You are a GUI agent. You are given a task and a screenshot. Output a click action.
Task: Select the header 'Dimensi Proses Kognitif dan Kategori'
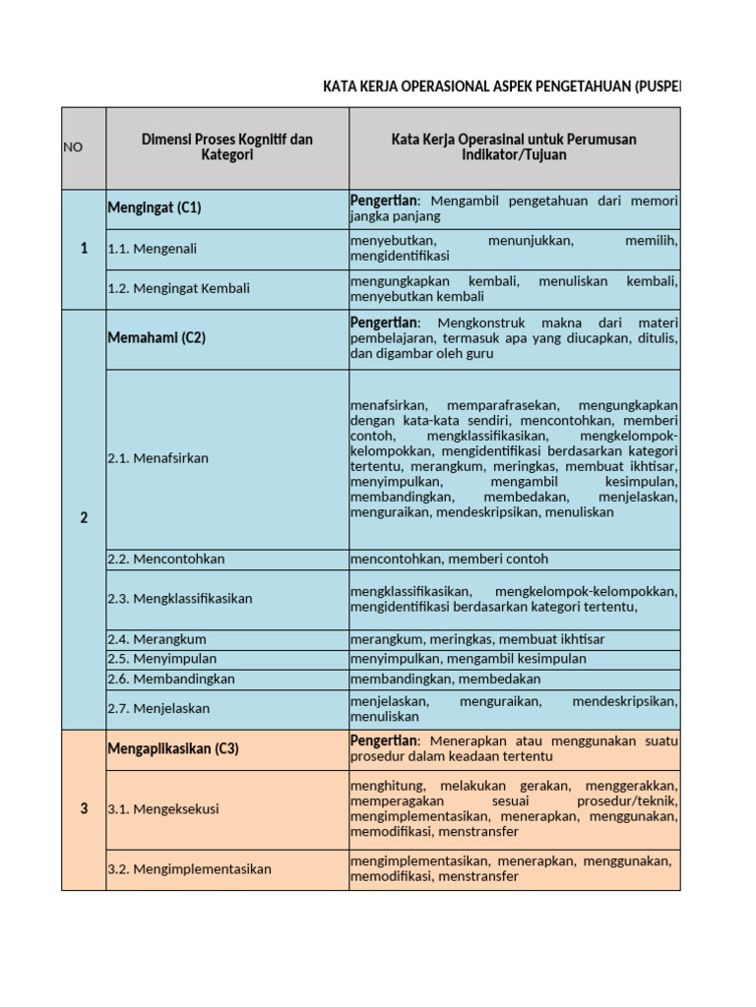click(227, 148)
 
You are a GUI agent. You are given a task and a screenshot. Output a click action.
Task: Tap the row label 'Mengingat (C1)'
click(155, 207)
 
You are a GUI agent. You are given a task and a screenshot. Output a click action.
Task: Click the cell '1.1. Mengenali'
click(153, 249)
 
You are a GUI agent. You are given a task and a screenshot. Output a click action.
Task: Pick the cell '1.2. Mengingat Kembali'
click(179, 288)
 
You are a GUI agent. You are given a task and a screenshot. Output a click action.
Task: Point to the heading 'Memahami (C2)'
click(157, 337)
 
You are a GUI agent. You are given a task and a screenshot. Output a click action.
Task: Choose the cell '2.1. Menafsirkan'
click(158, 458)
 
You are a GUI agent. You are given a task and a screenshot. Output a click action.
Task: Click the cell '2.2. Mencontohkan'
click(166, 559)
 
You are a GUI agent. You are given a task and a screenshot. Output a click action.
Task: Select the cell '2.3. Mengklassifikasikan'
click(180, 598)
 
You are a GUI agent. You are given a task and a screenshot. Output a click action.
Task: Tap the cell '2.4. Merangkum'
click(157, 639)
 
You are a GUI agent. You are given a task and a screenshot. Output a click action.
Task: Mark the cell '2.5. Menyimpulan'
click(162, 659)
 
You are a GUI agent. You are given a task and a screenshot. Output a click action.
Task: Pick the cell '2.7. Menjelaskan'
click(158, 708)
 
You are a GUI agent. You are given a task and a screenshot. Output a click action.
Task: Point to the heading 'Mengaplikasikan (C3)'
click(173, 748)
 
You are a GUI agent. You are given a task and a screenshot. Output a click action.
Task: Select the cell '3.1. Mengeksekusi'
click(163, 809)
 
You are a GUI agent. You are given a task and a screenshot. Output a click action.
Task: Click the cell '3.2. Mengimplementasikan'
click(189, 869)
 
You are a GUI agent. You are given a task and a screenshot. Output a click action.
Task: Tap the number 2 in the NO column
click(84, 518)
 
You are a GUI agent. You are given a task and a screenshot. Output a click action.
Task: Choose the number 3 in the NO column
click(84, 809)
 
